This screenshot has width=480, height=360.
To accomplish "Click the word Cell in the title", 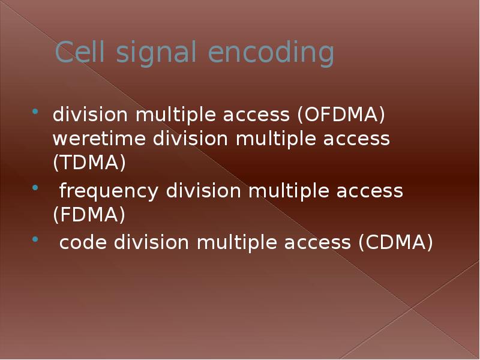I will point(79,53).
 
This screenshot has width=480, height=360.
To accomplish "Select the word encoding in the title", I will point(271,54).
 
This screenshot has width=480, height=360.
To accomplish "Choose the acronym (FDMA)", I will point(89,215).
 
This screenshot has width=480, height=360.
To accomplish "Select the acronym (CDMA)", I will point(395,242).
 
